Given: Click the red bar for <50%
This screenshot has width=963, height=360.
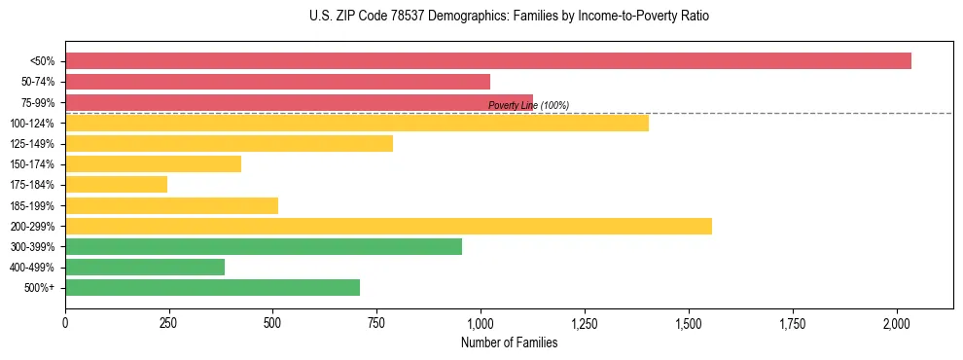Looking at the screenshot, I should tap(487, 60).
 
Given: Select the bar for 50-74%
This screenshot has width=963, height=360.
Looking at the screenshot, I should tap(277, 82).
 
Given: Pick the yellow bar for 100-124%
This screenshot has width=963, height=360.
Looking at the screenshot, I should tap(356, 123).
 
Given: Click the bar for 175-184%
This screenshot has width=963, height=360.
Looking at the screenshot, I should tap(116, 185).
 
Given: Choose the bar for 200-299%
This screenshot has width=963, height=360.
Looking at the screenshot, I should tap(388, 226).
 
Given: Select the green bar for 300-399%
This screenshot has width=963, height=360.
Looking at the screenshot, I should tap(263, 246).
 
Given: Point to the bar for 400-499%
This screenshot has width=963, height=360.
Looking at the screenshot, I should tap(145, 268).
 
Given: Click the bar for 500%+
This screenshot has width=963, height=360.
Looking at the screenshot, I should tap(212, 288).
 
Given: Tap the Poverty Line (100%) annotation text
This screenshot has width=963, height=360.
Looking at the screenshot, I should tap(528, 106).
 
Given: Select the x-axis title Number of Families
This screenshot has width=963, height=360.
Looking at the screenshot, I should tap(509, 342).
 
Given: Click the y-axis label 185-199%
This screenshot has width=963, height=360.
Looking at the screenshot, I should tap(34, 205).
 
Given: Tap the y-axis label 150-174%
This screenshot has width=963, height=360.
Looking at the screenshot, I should tap(34, 164).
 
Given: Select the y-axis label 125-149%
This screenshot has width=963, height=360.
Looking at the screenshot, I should tap(34, 144).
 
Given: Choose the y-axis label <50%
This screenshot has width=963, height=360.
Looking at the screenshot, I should tap(44, 60).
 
